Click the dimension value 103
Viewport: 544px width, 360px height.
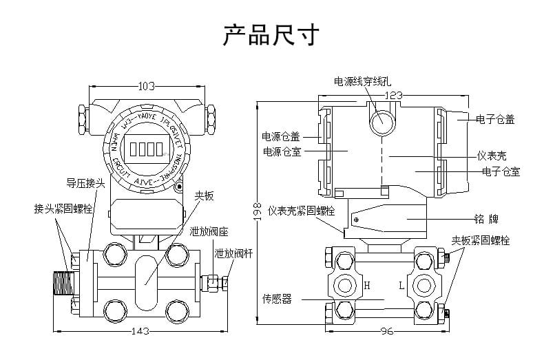(146, 87)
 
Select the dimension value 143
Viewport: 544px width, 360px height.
(140, 331)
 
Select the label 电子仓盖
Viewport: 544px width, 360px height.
(495, 119)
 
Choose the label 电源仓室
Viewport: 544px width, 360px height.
(281, 151)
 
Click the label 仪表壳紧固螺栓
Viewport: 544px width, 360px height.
(302, 210)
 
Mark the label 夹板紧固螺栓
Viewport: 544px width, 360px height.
(481, 240)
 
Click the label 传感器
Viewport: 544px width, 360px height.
(277, 299)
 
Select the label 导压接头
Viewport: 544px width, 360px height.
(85, 183)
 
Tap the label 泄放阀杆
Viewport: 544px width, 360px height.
(233, 253)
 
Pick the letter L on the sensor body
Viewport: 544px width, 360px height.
(402, 284)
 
